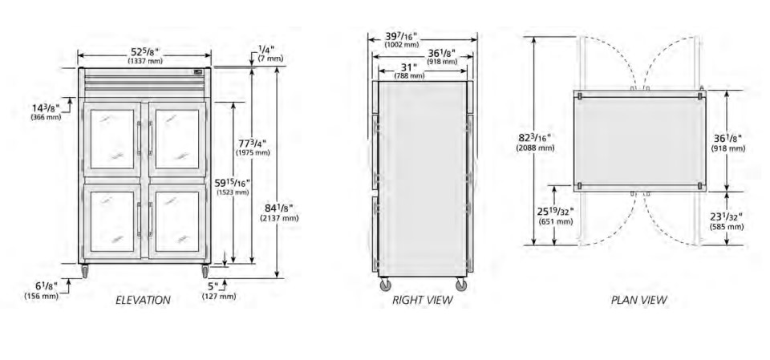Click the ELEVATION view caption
(x=143, y=300)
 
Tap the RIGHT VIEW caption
(x=423, y=300)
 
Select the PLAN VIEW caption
(x=639, y=300)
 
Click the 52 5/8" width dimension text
(x=144, y=51)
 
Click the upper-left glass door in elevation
(x=112, y=140)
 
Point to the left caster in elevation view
(x=84, y=271)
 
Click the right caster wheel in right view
(x=460, y=285)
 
